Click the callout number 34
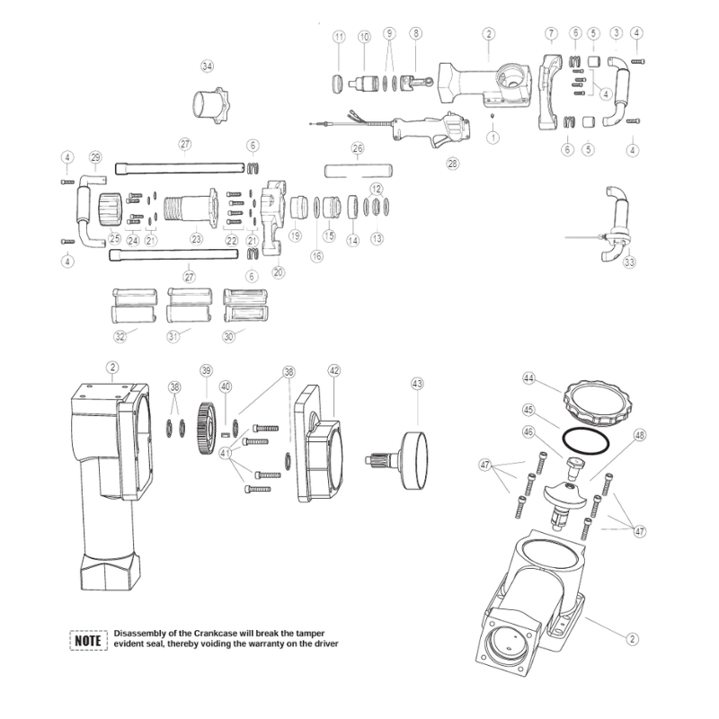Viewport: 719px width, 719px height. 208,67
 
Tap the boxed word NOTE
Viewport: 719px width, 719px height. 88,640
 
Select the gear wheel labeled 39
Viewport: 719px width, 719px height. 207,428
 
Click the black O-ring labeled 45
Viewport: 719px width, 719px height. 586,440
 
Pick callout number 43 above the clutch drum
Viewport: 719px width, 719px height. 417,384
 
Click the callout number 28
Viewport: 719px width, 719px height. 453,164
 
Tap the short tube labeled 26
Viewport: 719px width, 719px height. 359,171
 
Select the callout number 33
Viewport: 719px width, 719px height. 630,262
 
